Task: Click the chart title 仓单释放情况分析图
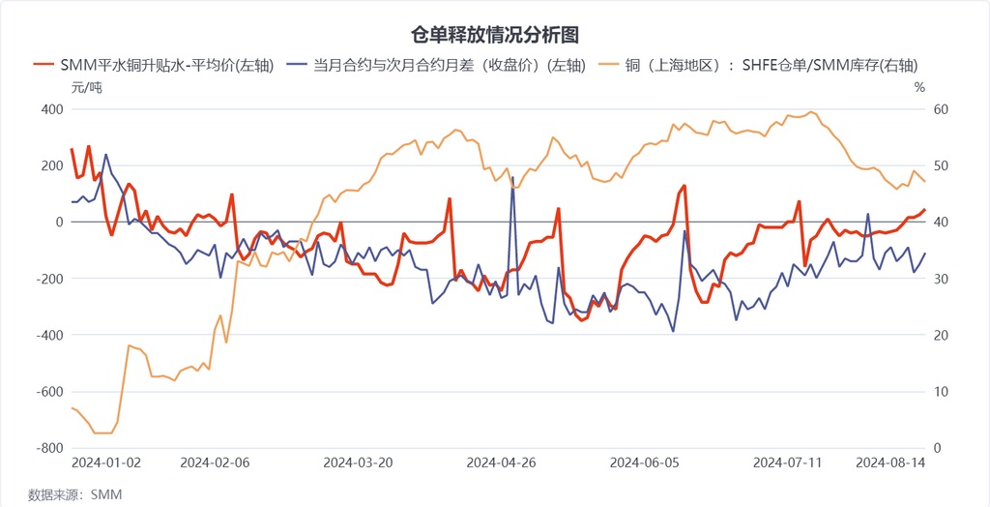point(495,36)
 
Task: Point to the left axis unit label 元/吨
point(86,88)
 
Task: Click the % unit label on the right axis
point(919,88)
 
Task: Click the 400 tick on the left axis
point(50,109)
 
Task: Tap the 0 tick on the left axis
point(59,223)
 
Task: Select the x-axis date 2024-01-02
point(106,462)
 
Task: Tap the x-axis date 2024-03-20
point(359,462)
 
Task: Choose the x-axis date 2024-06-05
point(646,462)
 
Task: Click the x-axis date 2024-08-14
point(891,462)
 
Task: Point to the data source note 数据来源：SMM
point(74,494)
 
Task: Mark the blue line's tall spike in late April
point(511,179)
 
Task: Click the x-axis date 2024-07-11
point(787,462)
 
